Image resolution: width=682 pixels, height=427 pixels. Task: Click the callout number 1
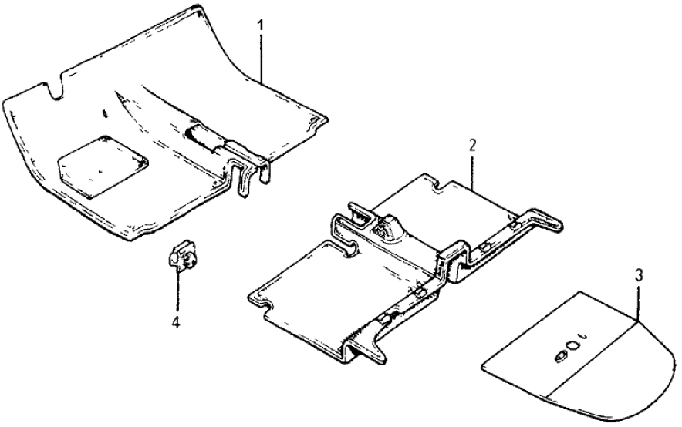click(260, 25)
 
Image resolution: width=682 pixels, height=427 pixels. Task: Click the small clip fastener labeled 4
click(182, 257)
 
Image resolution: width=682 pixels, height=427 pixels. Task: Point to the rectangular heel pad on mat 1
click(103, 165)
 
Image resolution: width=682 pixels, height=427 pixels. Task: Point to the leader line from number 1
click(262, 58)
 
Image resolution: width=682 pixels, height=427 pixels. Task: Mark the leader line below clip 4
click(177, 293)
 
